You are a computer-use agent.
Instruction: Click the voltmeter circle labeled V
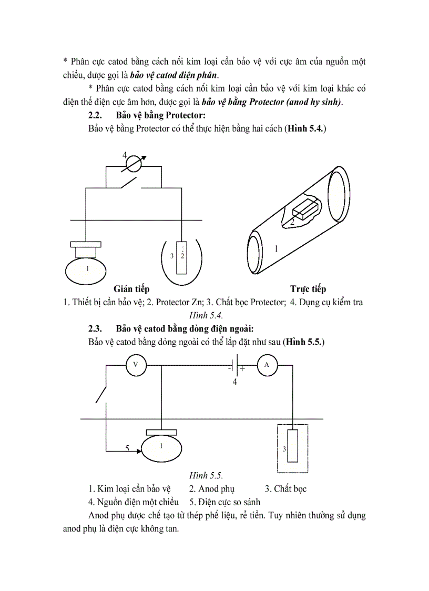coord(136,365)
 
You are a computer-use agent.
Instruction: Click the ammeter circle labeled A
coord(267,365)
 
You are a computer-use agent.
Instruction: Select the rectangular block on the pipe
coord(302,209)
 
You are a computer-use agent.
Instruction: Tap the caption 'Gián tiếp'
coord(131,289)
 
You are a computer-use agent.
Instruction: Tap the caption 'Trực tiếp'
coord(308,289)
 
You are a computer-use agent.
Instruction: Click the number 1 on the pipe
coord(275,248)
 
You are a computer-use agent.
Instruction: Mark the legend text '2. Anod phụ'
coord(212,489)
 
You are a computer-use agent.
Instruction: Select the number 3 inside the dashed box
coord(284,449)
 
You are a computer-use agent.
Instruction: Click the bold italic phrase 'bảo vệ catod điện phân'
coord(173,75)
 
